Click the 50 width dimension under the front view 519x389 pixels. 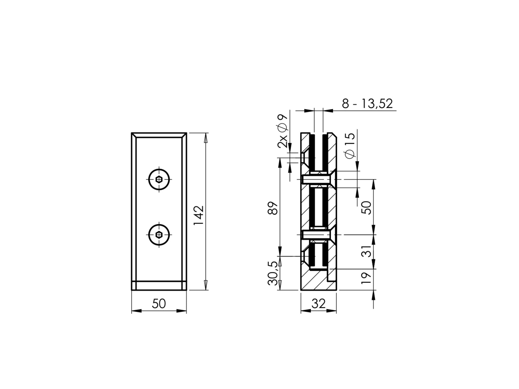(159, 303)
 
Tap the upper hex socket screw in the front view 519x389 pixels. (159, 179)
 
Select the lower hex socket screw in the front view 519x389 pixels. (159, 235)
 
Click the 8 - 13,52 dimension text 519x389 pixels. (367, 104)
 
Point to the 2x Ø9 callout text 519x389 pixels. (283, 131)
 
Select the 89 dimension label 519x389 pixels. (273, 208)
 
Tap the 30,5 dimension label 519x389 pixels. (273, 273)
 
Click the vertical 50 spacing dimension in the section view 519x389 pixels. (366, 207)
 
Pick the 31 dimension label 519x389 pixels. (366, 252)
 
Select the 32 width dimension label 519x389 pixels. (318, 304)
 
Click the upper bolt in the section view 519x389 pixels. (317, 179)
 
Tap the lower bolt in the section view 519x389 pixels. (317, 235)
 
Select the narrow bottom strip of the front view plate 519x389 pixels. (159, 286)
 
